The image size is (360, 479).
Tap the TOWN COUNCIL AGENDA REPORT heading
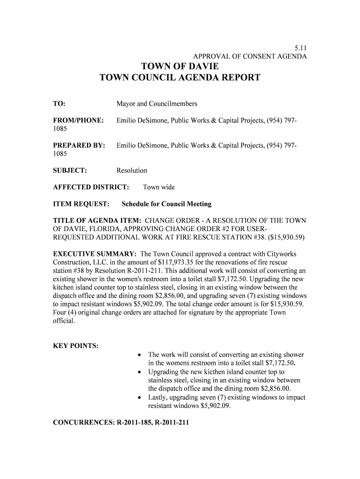point(180,78)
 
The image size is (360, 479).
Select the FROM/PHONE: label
point(78,121)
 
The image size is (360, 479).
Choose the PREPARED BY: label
point(79,146)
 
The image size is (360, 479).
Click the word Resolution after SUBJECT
point(132,171)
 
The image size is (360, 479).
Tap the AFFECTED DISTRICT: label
point(91,188)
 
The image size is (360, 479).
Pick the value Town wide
point(158,188)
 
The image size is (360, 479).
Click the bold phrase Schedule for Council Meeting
point(166,204)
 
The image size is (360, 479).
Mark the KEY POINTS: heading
point(75,346)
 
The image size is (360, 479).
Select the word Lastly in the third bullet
point(159,398)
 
